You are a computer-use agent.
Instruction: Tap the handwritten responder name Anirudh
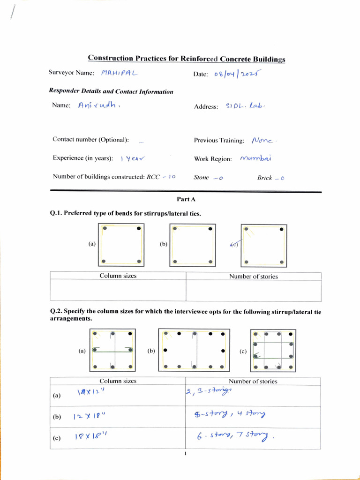tap(99, 105)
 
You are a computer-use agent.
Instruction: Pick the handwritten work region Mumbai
tap(256, 158)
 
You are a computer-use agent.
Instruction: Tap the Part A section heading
tap(186, 199)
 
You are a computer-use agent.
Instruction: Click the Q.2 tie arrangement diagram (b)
tap(194, 350)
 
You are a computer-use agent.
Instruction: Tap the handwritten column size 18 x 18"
tap(91, 437)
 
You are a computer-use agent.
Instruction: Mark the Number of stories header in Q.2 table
tap(253, 381)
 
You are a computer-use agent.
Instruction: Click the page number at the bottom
tap(186, 454)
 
